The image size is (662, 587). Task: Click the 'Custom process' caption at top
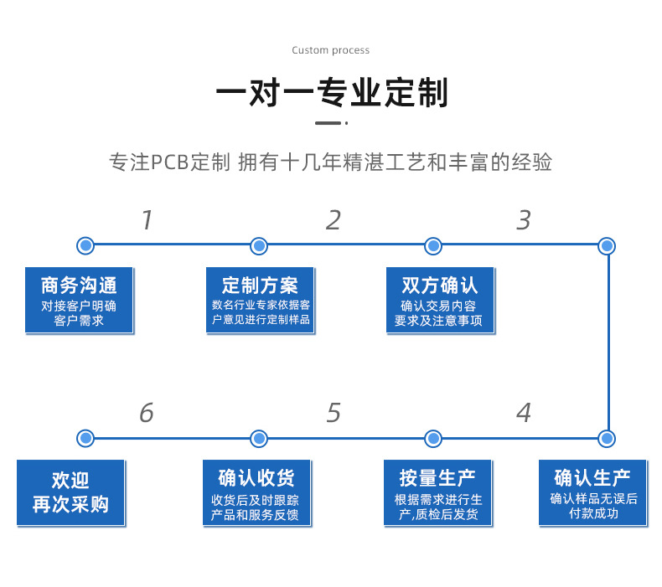click(330, 50)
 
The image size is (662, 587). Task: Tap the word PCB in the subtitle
click(169, 162)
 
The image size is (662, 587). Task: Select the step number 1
click(147, 220)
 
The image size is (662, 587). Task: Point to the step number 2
click(334, 220)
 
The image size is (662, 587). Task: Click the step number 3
click(524, 220)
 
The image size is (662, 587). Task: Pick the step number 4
click(524, 413)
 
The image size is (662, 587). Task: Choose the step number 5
click(334, 413)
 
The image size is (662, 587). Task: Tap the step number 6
click(147, 413)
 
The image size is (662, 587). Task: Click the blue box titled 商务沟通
click(79, 300)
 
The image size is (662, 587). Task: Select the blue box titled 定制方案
click(261, 300)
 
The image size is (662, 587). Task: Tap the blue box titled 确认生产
click(592, 492)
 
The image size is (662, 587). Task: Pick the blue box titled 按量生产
click(437, 492)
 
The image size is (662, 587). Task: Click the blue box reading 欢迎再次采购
click(70, 492)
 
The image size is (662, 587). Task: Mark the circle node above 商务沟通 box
click(85, 245)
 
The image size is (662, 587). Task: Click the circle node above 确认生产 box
click(608, 438)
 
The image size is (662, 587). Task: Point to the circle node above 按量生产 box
click(433, 438)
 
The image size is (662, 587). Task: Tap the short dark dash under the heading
click(328, 123)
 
